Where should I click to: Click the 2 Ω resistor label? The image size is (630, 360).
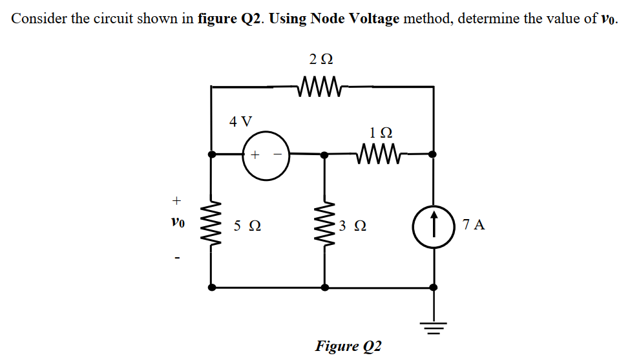321,59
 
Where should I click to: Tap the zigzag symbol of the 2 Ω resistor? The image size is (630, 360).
321,85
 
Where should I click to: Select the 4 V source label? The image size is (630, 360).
241,121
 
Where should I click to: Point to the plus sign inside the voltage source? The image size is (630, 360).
255,155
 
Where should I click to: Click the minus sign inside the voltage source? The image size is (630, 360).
277,155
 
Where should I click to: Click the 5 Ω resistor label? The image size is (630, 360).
247,226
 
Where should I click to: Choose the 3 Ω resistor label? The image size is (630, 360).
353,226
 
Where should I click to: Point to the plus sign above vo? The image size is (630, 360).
177,198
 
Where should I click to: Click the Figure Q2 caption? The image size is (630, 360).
348,346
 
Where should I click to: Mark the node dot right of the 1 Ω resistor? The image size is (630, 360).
433,154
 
